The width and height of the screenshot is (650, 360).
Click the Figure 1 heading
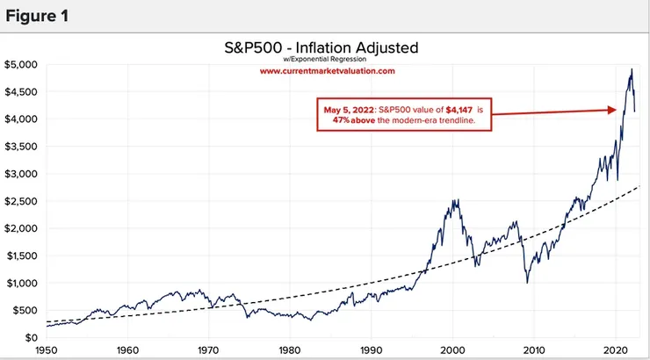click(38, 15)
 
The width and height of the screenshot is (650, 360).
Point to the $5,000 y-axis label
click(20, 64)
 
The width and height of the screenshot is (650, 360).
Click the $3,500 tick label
click(20, 147)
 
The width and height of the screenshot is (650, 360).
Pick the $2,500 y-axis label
click(20, 201)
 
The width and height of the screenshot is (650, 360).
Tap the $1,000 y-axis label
click(20, 283)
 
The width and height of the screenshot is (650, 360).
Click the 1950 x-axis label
click(47, 348)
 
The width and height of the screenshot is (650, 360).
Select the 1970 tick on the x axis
click(209, 348)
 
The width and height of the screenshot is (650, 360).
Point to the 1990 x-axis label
click(371, 348)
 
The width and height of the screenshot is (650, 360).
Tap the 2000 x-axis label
click(451, 348)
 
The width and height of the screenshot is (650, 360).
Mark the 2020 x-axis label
click(613, 348)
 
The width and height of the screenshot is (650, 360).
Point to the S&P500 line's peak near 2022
click(632, 69)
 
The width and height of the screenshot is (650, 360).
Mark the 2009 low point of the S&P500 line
click(527, 282)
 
